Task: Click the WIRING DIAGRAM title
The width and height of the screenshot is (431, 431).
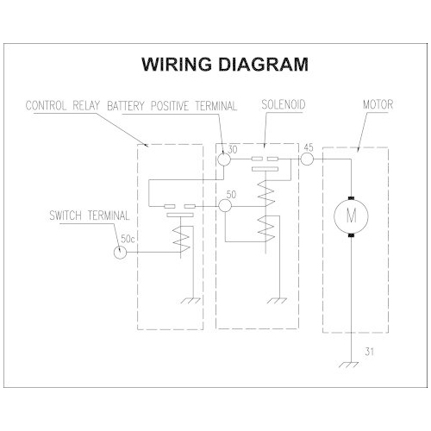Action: coord(225,64)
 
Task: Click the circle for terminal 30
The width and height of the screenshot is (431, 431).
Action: coord(224,159)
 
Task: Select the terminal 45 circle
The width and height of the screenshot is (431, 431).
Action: coord(307,159)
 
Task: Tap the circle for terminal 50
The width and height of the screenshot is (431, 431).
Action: coord(225,206)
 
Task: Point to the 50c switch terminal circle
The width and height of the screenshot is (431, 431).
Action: coord(120,253)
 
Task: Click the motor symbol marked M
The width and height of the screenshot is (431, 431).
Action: coord(351,215)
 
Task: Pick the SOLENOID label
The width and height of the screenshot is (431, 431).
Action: coord(284,105)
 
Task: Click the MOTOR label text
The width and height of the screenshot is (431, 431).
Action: coord(378,104)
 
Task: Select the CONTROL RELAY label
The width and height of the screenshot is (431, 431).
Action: coord(63,105)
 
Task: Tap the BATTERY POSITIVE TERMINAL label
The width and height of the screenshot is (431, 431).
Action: coord(172,106)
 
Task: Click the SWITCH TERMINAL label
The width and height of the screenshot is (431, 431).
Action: coord(90,215)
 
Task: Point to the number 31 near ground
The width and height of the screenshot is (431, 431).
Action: coord(369,351)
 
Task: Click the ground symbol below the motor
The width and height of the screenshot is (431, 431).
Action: coord(349,365)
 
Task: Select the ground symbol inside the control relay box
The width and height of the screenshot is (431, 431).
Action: coord(191,301)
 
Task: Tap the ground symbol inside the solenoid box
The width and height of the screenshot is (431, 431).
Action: coord(278,301)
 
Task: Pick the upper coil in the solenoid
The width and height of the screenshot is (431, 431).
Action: coord(266,194)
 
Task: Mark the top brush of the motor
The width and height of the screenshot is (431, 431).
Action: coord(351,198)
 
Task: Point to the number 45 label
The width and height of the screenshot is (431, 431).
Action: coord(309,147)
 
